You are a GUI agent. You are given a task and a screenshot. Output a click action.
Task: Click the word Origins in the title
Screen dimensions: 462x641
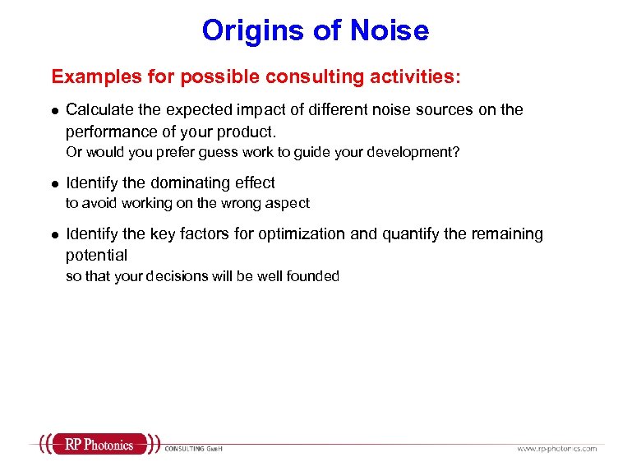click(250, 30)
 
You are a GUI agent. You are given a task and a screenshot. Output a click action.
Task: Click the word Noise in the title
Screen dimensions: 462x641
click(390, 30)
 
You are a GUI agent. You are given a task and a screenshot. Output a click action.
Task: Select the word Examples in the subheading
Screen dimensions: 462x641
click(87, 76)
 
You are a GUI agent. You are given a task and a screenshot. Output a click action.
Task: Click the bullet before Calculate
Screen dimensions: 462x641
click(54, 110)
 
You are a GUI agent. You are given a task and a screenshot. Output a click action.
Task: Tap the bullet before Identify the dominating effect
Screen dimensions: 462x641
click(54, 183)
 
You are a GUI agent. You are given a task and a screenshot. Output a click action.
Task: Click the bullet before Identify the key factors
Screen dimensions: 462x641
click(54, 234)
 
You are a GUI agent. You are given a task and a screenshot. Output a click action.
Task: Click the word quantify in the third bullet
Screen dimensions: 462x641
click(408, 233)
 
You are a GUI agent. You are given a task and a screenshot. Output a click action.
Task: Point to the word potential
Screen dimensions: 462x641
click(96, 256)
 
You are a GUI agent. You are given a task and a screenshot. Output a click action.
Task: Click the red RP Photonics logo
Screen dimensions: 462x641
click(97, 445)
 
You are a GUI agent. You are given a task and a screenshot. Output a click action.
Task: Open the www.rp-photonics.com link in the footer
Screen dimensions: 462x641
click(556, 448)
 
